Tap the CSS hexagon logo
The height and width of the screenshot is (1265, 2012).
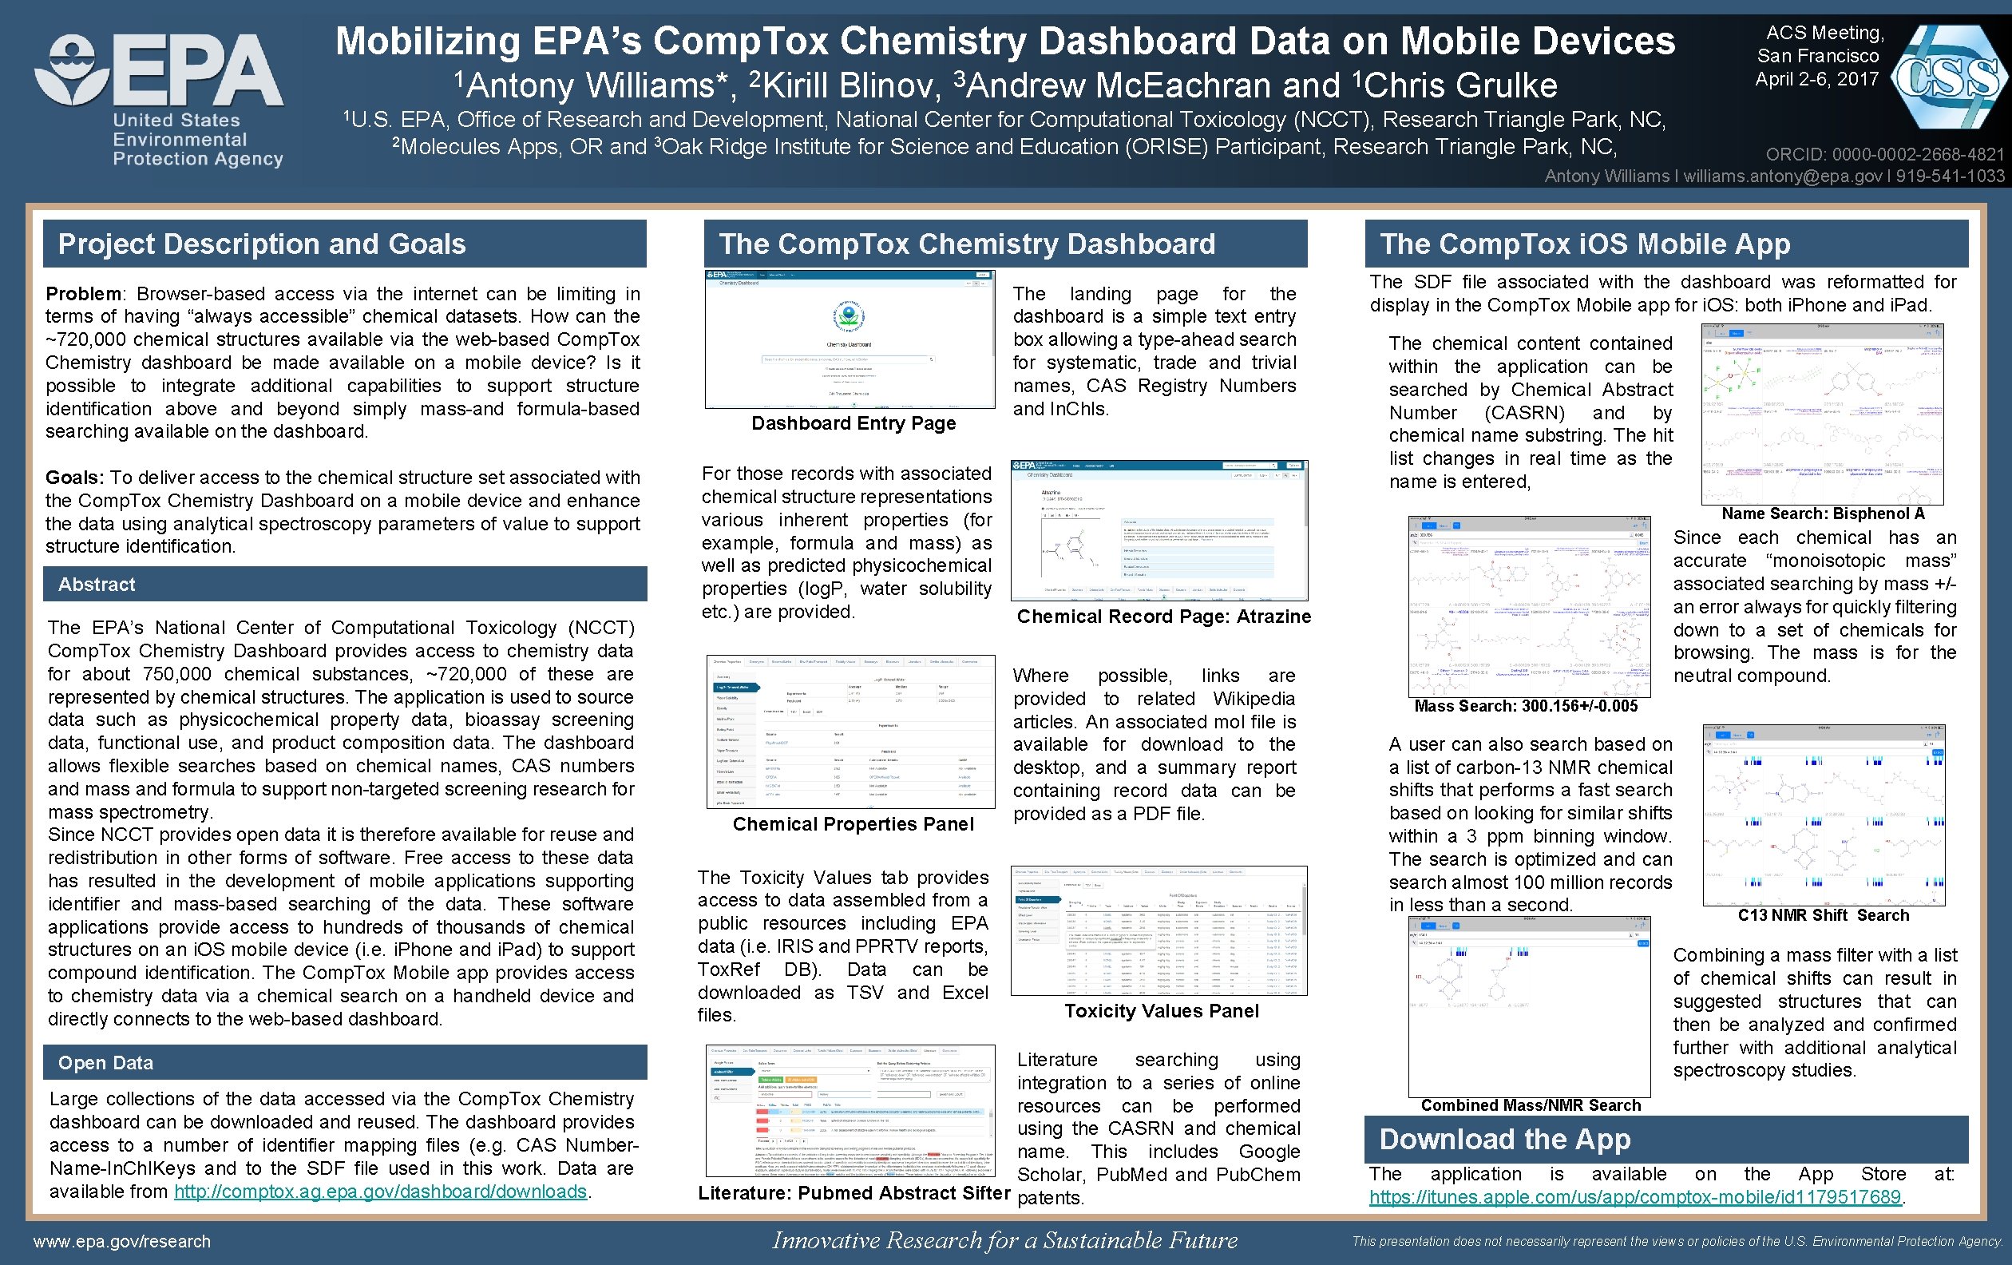tap(1947, 77)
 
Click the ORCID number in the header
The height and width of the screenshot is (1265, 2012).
tap(1884, 155)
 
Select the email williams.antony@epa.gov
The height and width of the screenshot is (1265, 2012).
tap(1781, 176)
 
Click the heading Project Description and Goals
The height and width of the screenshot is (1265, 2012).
tap(262, 244)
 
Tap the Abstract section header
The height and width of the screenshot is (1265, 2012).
tap(96, 584)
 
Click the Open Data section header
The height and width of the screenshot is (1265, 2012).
tap(105, 1063)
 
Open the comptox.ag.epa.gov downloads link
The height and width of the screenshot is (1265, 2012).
tap(380, 1192)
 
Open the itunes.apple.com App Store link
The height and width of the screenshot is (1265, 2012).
tap(1634, 1196)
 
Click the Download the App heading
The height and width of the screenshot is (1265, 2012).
tap(1504, 1139)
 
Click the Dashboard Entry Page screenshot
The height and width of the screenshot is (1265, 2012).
tap(850, 339)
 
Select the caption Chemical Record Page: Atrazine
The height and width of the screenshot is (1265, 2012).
tap(1163, 617)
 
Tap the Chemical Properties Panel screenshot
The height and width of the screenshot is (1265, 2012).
tap(850, 732)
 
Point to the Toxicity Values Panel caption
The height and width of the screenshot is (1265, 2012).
tap(1161, 1011)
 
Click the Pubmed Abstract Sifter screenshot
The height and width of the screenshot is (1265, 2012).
tap(850, 1110)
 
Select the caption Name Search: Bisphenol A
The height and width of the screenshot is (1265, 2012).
tap(1822, 514)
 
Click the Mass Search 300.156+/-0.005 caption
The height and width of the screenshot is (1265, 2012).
tap(1526, 706)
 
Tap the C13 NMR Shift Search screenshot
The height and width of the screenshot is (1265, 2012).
tap(1823, 815)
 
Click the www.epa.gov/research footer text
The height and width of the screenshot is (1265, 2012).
tap(122, 1242)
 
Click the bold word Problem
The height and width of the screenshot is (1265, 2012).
tap(84, 294)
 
